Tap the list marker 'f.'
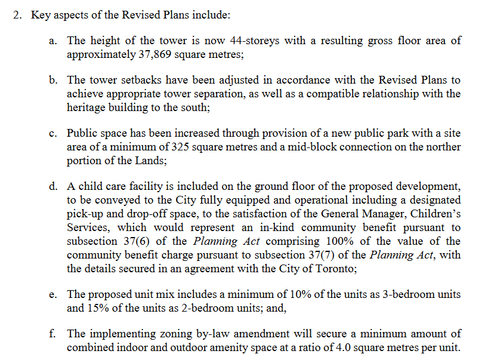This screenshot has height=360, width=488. [x=53, y=334]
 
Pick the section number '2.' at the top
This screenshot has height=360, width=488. [x=18, y=15]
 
